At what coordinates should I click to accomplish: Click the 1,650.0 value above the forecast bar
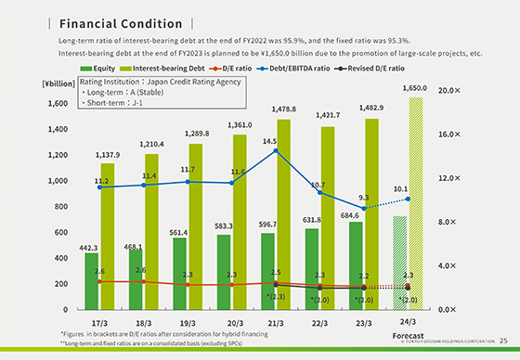414,88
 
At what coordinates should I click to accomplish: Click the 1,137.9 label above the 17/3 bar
108,155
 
